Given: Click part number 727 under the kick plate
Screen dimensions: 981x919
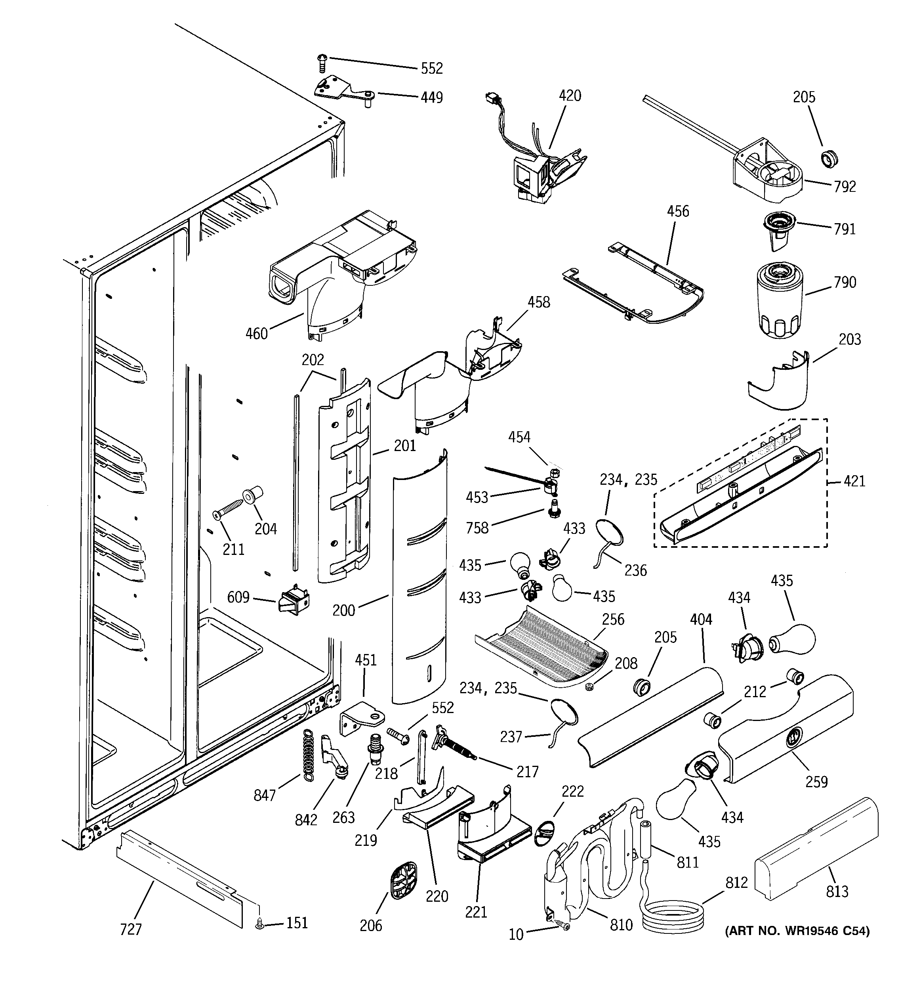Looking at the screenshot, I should [131, 930].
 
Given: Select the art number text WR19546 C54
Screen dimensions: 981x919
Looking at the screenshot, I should [797, 931].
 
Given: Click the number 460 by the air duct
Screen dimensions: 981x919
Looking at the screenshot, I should [257, 334].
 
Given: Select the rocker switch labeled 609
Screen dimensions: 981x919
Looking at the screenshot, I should [294, 600].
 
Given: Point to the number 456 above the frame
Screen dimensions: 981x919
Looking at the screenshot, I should [678, 211].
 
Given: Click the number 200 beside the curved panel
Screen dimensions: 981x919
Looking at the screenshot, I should [343, 610].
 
